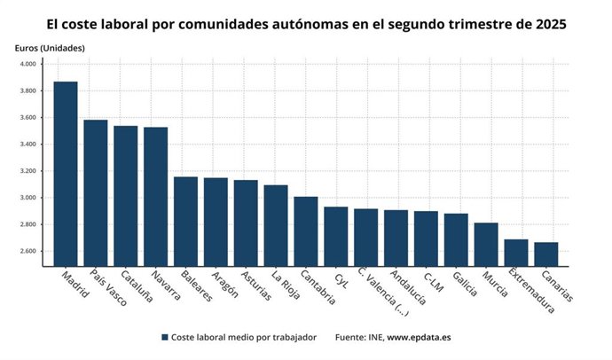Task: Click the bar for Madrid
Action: pyautogui.click(x=66, y=174)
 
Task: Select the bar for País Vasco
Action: pyautogui.click(x=96, y=192)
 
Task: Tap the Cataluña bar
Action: pyautogui.click(x=126, y=196)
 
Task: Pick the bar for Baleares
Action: pyautogui.click(x=185, y=221)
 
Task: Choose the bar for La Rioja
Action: pyautogui.click(x=276, y=225)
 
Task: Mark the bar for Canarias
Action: pyautogui.click(x=546, y=254)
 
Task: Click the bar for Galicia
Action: pyautogui.click(x=456, y=239)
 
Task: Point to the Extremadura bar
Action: pyautogui.click(x=516, y=253)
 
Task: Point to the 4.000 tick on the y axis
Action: pyautogui.click(x=27, y=65)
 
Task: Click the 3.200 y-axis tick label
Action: pyautogui.click(x=27, y=171)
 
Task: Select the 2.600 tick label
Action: pyautogui.click(x=27, y=251)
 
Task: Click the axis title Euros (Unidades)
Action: pyautogui.click(x=50, y=47)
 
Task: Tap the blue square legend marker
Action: pyautogui.click(x=165, y=338)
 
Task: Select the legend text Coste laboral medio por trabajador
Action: pyautogui.click(x=244, y=338)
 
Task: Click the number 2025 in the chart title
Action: pyautogui.click(x=548, y=23)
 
